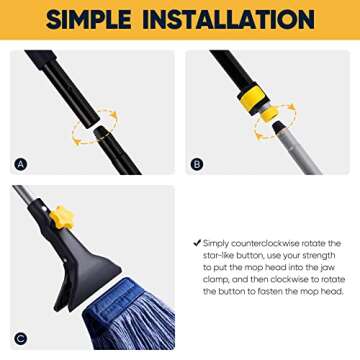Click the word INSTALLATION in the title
(x=234, y=20)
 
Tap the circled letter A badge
(x=21, y=164)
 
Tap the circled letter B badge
(x=197, y=164)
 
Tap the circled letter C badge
(x=21, y=338)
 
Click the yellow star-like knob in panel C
(x=62, y=216)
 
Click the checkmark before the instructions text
(x=197, y=243)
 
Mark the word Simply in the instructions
(x=215, y=243)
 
